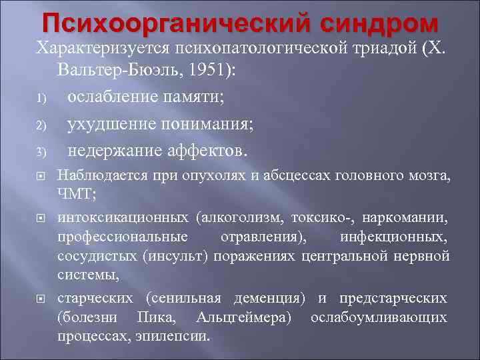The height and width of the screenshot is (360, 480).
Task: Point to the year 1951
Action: (x=198, y=70)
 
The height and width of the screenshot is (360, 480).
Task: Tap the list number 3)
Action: (x=41, y=152)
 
